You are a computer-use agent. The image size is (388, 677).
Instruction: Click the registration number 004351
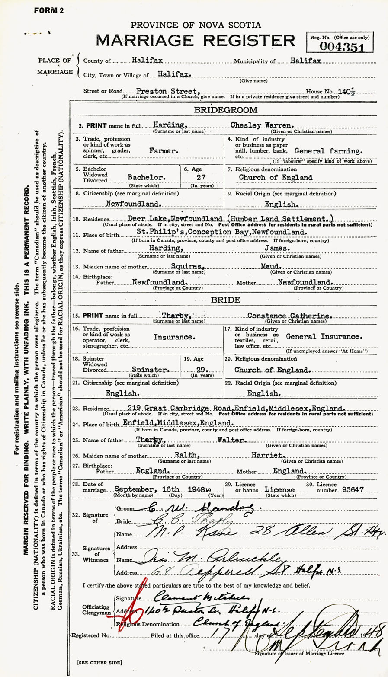coord(341,48)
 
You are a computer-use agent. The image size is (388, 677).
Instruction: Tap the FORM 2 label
coord(48,11)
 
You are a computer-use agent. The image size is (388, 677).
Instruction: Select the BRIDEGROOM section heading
coord(225,110)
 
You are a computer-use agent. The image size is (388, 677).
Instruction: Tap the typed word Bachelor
coord(147,178)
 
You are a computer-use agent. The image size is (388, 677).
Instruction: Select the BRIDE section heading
coord(225,300)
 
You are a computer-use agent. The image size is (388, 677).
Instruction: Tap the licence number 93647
coord(352,489)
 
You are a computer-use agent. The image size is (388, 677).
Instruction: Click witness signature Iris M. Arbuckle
coord(209,559)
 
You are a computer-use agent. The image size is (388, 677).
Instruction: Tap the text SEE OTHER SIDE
coord(99,663)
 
